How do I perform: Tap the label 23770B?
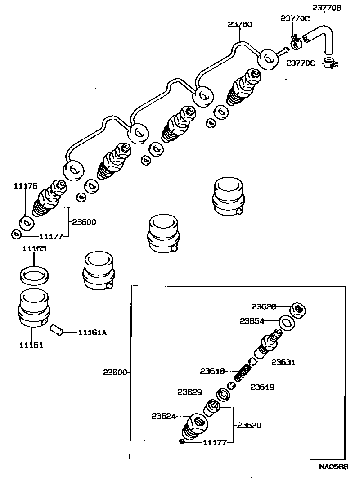(x=327, y=8)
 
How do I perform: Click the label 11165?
(x=34, y=248)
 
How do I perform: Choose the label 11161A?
(x=92, y=333)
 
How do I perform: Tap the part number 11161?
(x=31, y=345)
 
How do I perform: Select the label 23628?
(x=264, y=306)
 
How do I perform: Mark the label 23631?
(x=283, y=362)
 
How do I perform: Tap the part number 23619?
(x=262, y=387)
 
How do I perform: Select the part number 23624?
(x=163, y=416)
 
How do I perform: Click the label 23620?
(x=249, y=425)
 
